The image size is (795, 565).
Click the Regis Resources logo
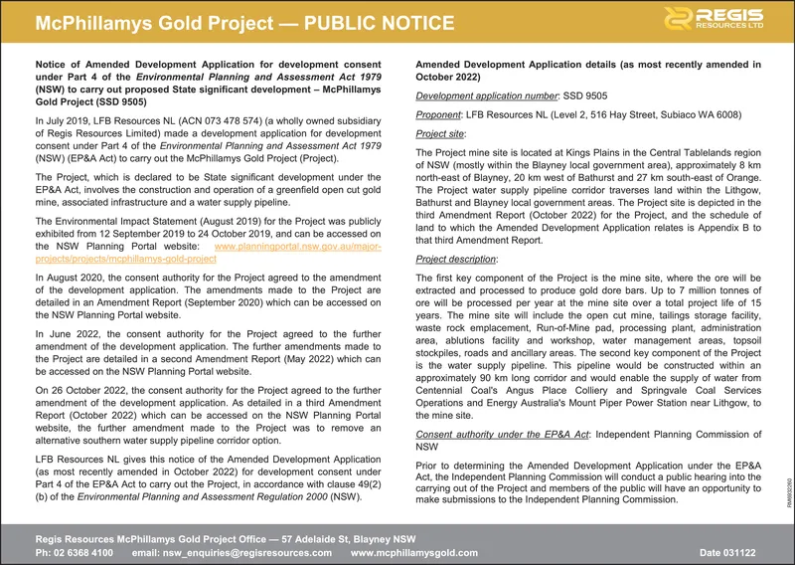point(721,20)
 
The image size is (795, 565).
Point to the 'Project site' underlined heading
point(440,133)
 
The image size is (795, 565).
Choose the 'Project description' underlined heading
point(458,257)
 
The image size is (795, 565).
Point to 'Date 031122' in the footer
point(728,551)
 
